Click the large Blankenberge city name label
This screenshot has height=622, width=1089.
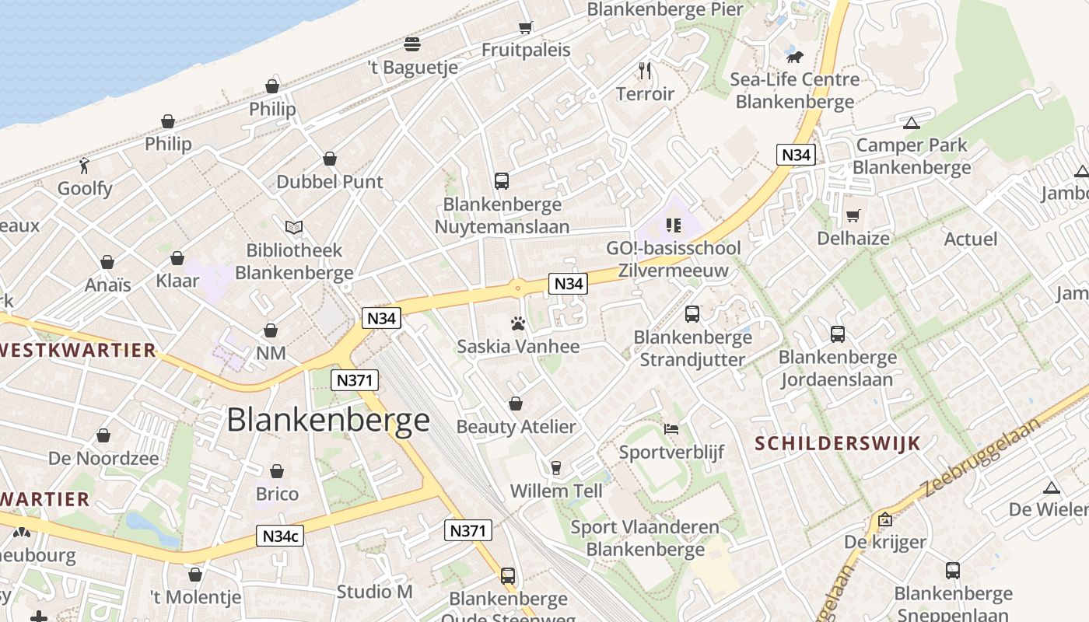pos(328,420)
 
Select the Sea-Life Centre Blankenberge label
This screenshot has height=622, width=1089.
pos(794,90)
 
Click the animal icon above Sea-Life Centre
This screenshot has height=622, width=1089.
pos(794,57)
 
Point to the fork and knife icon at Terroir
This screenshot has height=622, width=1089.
pos(645,71)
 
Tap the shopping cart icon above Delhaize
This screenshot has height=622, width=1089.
pos(853,215)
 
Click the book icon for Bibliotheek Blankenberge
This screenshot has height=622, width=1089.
pos(294,227)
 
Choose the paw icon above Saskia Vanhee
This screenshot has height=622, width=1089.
pos(518,323)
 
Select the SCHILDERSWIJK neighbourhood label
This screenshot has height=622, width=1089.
pos(839,444)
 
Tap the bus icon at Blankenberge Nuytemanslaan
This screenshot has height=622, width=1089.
pos(502,181)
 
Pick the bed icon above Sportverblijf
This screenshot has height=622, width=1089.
pos(671,428)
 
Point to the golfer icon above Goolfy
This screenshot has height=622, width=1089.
pos(85,165)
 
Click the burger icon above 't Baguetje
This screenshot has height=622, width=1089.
pos(412,44)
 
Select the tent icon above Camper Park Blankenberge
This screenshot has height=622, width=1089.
pos(912,122)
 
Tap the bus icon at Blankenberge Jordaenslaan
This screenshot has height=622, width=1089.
pos(838,334)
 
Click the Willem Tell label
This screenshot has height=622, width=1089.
pos(556,491)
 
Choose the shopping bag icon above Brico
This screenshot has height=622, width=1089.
pos(277,471)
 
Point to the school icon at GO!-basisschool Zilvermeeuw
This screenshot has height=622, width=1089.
pos(674,225)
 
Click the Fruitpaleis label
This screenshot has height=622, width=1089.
pos(526,50)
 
